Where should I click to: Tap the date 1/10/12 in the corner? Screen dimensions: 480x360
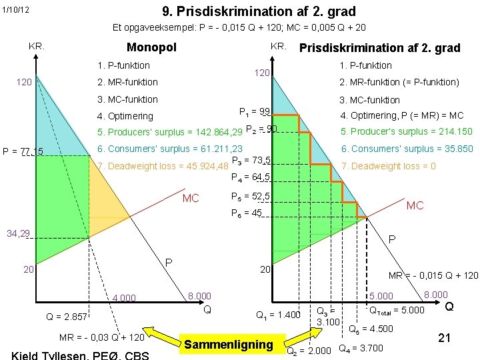click(15, 10)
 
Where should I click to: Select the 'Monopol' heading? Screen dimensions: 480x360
click(151, 47)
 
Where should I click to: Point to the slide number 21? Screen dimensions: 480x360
click(444, 339)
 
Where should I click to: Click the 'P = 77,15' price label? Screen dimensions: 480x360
click(23, 152)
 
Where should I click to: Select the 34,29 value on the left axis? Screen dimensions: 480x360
click(18, 234)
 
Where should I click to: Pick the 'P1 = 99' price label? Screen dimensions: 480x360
click(254, 111)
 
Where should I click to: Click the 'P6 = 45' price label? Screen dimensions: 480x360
click(246, 213)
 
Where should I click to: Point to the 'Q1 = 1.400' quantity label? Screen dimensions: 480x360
click(279, 315)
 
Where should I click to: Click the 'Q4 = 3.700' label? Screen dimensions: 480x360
click(361, 347)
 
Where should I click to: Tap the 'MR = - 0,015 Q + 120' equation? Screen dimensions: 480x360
click(433, 275)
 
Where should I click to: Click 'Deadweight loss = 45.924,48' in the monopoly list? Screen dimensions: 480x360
click(163, 166)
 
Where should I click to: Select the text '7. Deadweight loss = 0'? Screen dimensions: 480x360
click(388, 166)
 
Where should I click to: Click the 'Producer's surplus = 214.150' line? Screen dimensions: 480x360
click(407, 132)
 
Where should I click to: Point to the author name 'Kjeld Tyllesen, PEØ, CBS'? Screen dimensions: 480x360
click(80, 355)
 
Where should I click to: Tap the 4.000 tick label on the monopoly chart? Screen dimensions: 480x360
click(124, 298)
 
